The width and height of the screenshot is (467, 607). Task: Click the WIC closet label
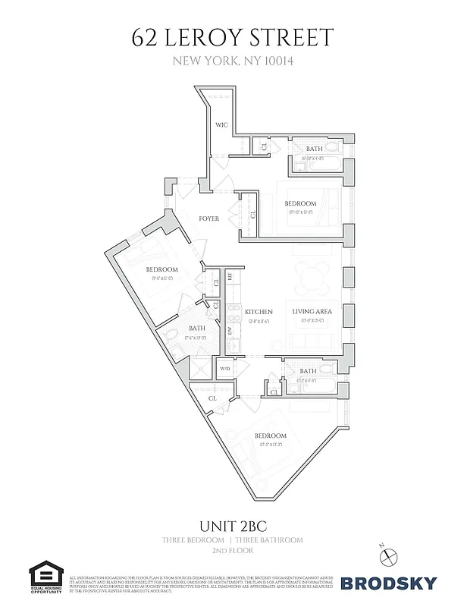coord(221,124)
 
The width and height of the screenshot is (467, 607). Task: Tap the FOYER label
coord(208,219)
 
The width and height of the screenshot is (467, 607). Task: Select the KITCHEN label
coord(259,312)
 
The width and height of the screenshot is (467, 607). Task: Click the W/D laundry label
coord(224,369)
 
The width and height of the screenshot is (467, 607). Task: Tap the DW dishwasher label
coord(230,332)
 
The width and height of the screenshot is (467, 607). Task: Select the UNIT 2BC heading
coord(232,525)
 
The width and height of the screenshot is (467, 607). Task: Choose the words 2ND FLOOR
coord(232,550)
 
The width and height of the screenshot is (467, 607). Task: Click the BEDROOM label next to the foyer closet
coord(300,203)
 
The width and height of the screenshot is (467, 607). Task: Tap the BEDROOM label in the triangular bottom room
coord(270,436)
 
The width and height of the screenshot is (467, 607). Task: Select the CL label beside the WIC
coord(263,146)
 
